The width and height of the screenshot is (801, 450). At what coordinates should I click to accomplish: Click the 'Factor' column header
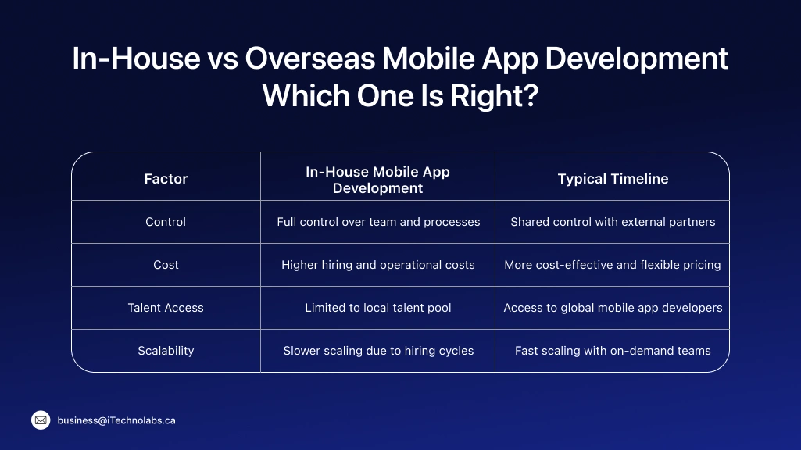166,179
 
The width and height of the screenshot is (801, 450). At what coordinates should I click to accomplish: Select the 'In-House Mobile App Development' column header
377,179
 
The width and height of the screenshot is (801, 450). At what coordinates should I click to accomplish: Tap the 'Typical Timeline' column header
613,179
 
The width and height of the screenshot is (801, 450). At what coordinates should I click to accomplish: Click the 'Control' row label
166,222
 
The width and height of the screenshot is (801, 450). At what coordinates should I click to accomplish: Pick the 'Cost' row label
166,265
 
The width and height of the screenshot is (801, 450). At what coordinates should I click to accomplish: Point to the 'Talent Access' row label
166,308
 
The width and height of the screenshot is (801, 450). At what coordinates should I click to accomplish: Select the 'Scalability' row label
166,351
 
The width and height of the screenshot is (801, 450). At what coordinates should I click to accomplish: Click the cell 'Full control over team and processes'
378,222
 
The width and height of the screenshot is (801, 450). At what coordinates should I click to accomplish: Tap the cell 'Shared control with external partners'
613,222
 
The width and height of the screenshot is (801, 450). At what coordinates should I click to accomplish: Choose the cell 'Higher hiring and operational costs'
378,265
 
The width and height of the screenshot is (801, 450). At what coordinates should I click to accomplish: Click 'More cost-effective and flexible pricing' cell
613,265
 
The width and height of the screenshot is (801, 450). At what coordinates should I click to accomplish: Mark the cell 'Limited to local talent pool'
378,308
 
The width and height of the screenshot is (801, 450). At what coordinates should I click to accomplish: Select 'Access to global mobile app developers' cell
613,308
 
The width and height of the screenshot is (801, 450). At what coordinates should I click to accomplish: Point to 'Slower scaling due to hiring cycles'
378,351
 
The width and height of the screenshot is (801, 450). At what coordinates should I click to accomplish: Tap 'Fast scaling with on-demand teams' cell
613,351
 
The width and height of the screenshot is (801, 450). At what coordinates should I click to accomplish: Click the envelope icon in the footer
41,420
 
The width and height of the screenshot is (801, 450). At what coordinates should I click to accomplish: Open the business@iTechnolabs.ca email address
116,420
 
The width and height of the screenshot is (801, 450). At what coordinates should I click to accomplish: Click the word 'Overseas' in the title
291,59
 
